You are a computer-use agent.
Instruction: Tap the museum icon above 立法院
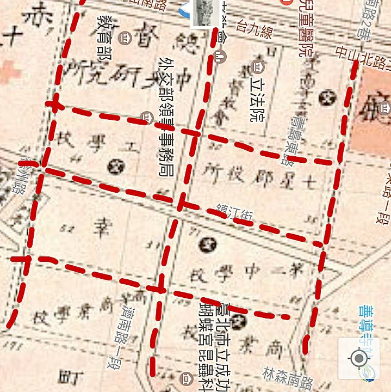click(258, 68)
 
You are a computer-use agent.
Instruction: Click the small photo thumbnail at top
click(205, 13)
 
